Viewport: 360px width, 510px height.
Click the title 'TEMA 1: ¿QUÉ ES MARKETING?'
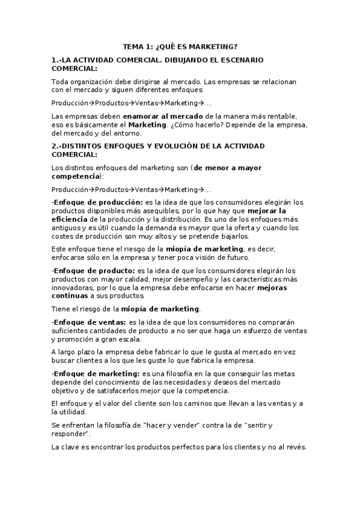180,46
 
